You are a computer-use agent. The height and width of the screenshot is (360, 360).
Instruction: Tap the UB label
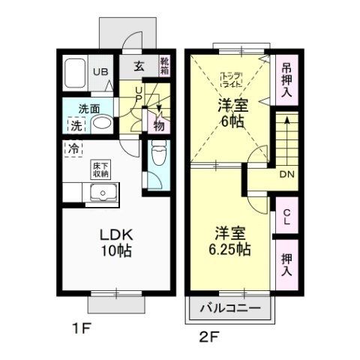[x=100, y=72]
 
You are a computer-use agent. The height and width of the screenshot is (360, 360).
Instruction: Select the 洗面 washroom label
[x=91, y=108]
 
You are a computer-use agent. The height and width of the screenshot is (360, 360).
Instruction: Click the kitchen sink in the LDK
[x=101, y=194]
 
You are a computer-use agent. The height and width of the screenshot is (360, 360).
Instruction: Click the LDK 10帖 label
[x=115, y=243]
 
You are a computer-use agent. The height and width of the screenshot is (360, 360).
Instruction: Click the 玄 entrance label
[x=139, y=66]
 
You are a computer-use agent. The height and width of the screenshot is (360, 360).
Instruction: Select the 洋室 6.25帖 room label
[x=226, y=240]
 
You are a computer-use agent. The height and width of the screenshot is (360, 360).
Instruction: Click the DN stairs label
[x=286, y=174]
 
